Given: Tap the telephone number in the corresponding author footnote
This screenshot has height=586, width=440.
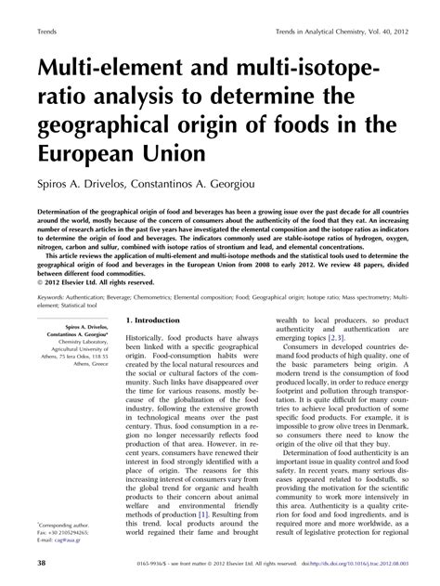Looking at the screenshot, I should pos(76,540).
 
